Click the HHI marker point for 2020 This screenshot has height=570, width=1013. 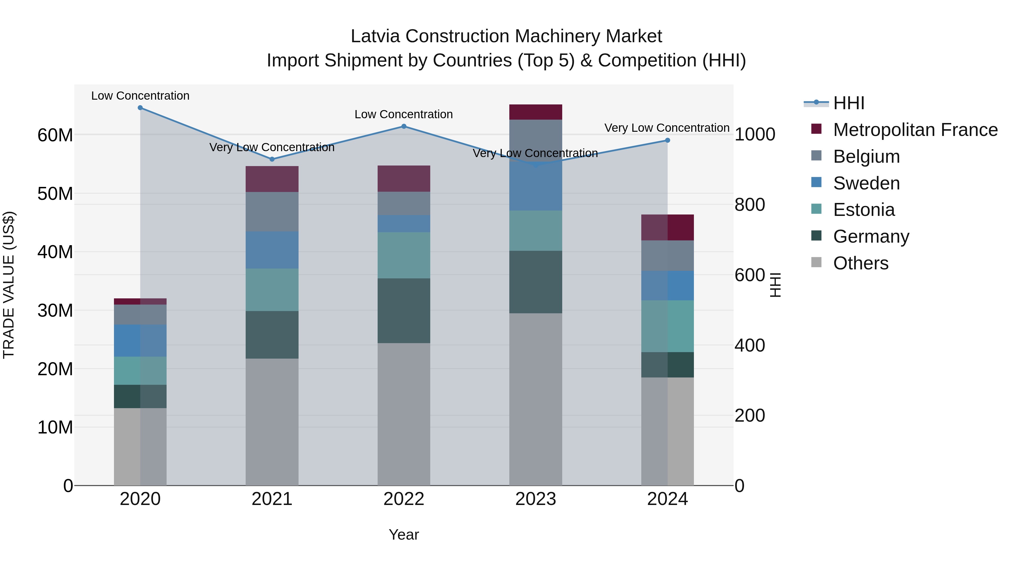coord(140,108)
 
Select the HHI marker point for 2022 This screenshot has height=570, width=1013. coord(404,126)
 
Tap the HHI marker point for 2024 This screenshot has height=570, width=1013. coord(667,140)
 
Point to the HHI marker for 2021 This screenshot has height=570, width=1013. coord(272,159)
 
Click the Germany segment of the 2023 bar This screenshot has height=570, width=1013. coord(535,282)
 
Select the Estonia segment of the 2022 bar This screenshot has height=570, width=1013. coord(404,255)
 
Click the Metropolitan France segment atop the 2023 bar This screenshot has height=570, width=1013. coord(535,112)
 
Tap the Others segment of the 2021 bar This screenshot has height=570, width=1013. coord(272,422)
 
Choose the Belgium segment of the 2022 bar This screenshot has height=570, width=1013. coord(404,204)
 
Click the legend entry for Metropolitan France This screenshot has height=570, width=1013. coord(915,130)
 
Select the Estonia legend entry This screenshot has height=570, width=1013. coord(864,210)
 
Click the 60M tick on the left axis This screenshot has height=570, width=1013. coord(55,135)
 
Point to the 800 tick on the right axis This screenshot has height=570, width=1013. coord(750,205)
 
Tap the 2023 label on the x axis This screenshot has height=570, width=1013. coord(535,499)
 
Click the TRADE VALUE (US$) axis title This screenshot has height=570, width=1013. coord(9,285)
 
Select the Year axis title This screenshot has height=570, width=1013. coord(404,535)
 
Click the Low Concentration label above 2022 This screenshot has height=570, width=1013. coord(404,115)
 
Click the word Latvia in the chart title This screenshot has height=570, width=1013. coord(376,36)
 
